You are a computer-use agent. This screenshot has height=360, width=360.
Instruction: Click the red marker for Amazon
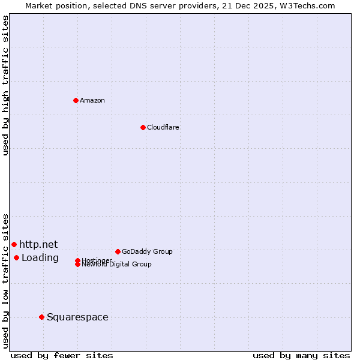click(x=76, y=100)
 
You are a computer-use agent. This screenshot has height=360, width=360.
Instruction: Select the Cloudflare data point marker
click(x=143, y=127)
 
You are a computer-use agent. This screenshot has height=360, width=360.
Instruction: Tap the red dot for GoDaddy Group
click(x=118, y=251)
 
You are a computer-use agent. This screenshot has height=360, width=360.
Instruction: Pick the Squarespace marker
click(x=41, y=317)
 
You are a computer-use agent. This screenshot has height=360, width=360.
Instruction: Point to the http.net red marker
click(x=14, y=244)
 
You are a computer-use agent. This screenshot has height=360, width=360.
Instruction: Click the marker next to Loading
click(x=16, y=257)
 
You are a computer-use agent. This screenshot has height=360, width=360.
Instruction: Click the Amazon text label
click(x=92, y=100)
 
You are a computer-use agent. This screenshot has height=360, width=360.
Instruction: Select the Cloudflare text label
click(x=163, y=127)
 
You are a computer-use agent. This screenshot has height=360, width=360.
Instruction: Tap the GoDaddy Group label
click(x=147, y=251)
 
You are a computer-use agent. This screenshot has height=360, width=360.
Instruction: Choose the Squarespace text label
click(x=77, y=317)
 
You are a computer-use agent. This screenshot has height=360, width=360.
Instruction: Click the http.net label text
click(x=38, y=244)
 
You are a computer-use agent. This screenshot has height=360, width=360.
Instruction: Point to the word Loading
click(x=40, y=258)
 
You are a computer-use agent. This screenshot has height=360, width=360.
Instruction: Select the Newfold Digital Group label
click(x=117, y=265)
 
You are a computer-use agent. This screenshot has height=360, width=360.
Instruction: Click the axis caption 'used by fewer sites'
click(x=62, y=355)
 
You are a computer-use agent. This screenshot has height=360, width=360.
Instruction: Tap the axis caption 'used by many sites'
click(x=301, y=355)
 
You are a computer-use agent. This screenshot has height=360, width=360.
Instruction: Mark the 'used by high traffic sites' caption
click(x=5, y=85)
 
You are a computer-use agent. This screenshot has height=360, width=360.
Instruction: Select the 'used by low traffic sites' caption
click(x=5, y=281)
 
